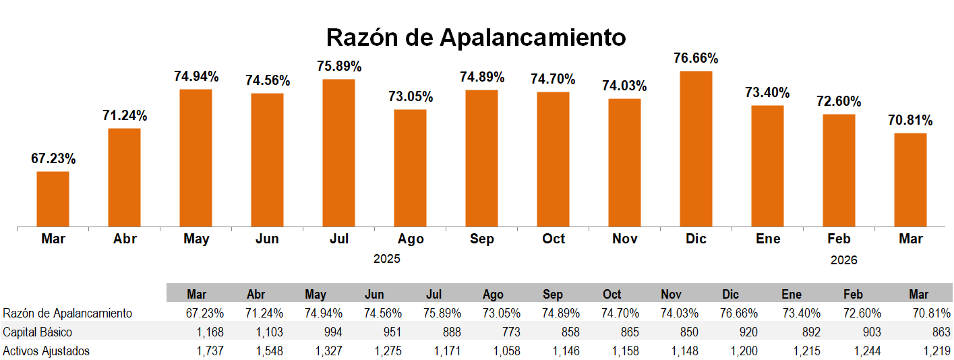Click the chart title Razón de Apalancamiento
coord(476,37)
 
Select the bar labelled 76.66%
coord(696,148)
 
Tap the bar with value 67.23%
coord(53,199)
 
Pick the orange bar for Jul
coord(338,152)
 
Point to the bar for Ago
coord(410,167)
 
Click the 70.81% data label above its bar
coord(910,121)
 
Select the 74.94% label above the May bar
coord(196,77)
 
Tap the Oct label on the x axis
coord(554,239)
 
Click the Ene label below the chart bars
coord(768,239)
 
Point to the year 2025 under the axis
coord(387,259)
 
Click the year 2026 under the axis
coord(843,260)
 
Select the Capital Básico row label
coord(38,332)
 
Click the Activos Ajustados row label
coord(47,351)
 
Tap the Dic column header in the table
coord(730,294)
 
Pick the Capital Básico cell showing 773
coord(493,332)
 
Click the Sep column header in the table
coord(553,294)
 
